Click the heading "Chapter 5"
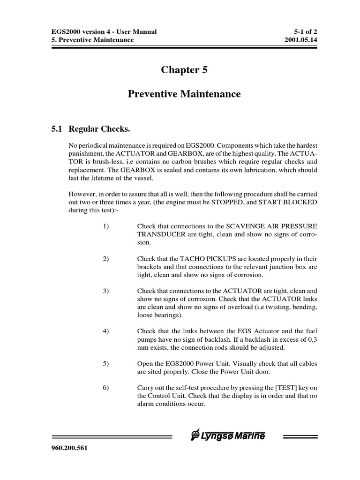tap(184, 70)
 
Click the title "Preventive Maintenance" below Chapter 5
tap(184, 94)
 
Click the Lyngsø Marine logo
tap(227, 436)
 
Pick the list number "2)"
tap(105, 259)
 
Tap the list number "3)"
tap(105, 291)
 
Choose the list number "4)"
tap(105, 331)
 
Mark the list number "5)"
tap(105, 363)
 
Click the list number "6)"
tap(105, 387)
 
